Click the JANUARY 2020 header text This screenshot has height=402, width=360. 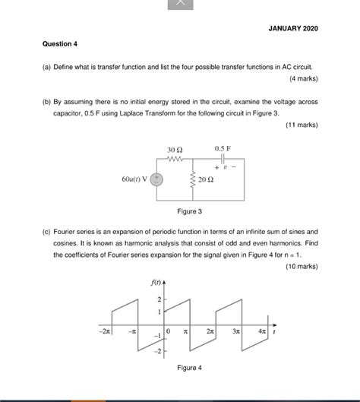[x=293, y=28]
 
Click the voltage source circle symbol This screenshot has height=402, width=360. [x=156, y=180]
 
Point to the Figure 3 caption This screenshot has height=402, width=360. [x=189, y=211]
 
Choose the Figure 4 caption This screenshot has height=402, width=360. [x=189, y=368]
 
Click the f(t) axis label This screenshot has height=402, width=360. [x=155, y=283]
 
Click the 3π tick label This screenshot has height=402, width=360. [x=236, y=331]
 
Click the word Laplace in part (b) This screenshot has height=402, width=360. [x=164, y=112]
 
